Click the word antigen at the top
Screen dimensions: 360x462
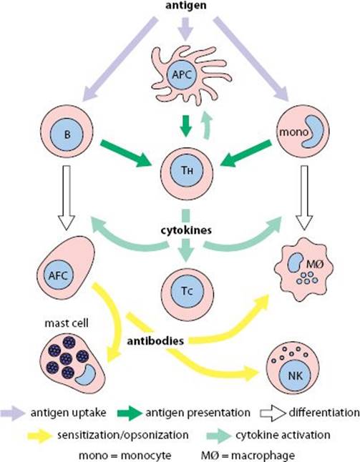click(185, 5)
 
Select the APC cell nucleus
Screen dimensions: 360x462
click(182, 74)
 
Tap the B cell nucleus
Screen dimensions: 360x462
click(67, 134)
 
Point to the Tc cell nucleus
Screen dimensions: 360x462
click(187, 291)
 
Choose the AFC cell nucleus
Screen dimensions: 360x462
click(58, 275)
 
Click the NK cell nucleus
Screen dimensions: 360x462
click(295, 375)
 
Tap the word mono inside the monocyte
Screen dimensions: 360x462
click(293, 132)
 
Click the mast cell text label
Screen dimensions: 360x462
click(67, 323)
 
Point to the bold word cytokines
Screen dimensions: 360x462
click(186, 230)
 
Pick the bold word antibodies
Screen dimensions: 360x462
click(155, 341)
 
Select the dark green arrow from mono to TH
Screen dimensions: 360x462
click(246, 153)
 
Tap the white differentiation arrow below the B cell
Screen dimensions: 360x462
click(67, 197)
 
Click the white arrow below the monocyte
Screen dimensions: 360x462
click(304, 197)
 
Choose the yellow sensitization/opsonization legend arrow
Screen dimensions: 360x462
click(40, 436)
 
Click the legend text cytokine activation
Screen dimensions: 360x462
click(283, 435)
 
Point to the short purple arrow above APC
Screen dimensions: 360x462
click(185, 29)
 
